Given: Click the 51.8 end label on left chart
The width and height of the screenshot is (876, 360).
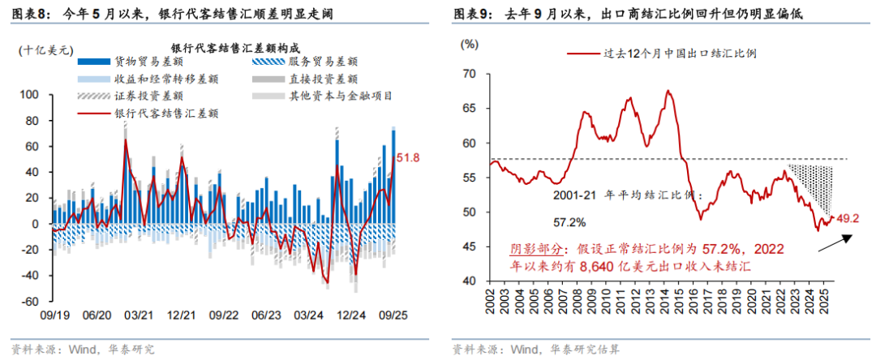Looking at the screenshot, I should coord(412,157).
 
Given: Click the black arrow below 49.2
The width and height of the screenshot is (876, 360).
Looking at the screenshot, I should coord(835,240).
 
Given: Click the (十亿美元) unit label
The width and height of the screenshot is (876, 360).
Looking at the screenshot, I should coord(42,50).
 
